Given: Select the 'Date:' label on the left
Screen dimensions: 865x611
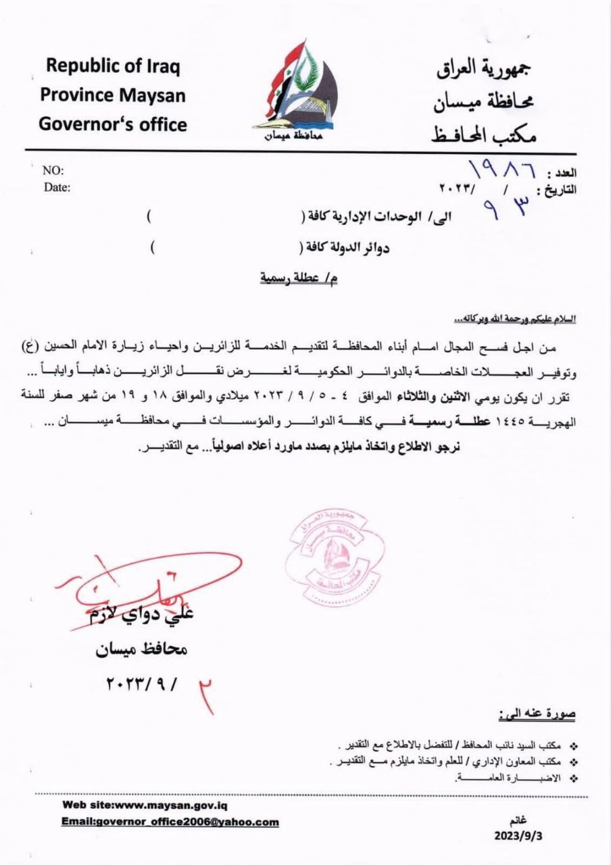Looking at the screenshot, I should point(57,188).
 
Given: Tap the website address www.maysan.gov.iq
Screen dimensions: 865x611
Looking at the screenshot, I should point(172,805).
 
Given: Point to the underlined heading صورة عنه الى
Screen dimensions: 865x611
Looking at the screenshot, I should point(537,713).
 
